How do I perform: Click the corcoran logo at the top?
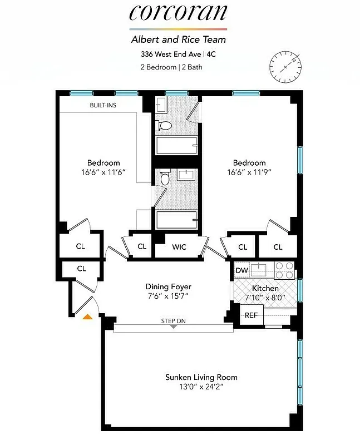[x=179, y=14]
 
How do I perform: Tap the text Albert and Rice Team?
[x=178, y=39]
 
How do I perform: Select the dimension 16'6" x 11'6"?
[x=103, y=172]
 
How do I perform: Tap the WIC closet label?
[x=179, y=246]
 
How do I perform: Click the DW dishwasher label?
[x=241, y=271]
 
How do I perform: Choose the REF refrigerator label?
[x=251, y=315]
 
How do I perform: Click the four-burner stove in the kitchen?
[x=284, y=270]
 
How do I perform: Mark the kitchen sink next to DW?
[x=260, y=270]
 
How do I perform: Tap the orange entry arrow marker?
[x=87, y=317]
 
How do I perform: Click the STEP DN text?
[x=173, y=321]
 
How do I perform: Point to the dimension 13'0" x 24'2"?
[x=201, y=387]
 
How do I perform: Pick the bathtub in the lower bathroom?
[x=177, y=220]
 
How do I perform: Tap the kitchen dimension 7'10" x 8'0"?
[x=264, y=298]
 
